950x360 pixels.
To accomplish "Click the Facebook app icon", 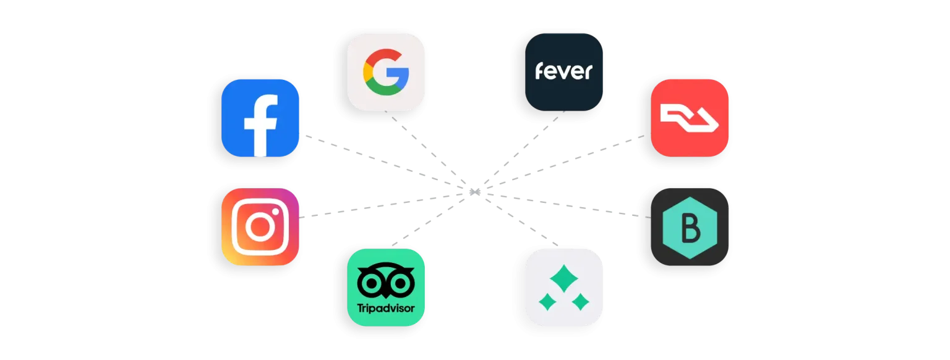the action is pos(260,118).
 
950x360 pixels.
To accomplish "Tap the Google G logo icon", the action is pos(385,72).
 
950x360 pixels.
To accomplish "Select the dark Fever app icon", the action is pos(563,72).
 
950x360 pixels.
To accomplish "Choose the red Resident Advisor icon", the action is pos(690,118).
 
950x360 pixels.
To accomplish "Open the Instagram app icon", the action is pos(260,227).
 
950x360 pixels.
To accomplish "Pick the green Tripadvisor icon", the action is pos(385,288).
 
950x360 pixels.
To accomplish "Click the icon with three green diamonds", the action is pos(563,288).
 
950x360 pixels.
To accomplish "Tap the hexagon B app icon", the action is pos(690,227).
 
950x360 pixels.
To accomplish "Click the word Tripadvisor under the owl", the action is pos(385,308).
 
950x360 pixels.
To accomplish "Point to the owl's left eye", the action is pos(371,283).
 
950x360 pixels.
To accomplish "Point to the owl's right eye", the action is pos(400,283).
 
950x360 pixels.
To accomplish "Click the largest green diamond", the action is pos(563,278).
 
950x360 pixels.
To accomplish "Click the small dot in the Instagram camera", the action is pos(275,212).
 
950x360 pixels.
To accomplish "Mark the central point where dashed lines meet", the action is pos(475,192).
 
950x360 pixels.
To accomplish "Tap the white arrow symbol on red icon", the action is pos(690,119).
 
